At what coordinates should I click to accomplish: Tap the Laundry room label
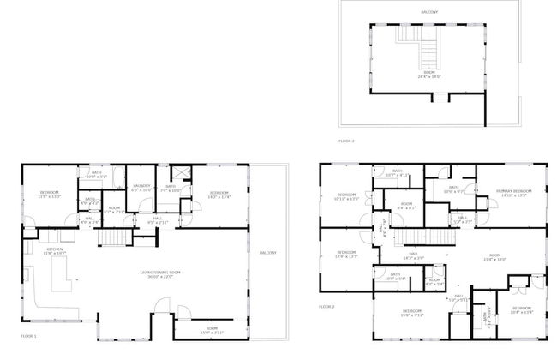click(x=142, y=185)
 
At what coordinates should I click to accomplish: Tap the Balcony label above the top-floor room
click(x=429, y=12)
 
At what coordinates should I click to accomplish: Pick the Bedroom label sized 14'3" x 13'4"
click(x=219, y=193)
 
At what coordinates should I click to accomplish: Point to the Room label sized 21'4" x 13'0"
click(x=495, y=255)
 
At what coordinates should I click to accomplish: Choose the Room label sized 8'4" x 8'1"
click(x=404, y=204)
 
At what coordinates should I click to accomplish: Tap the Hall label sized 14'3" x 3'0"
click(x=412, y=253)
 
